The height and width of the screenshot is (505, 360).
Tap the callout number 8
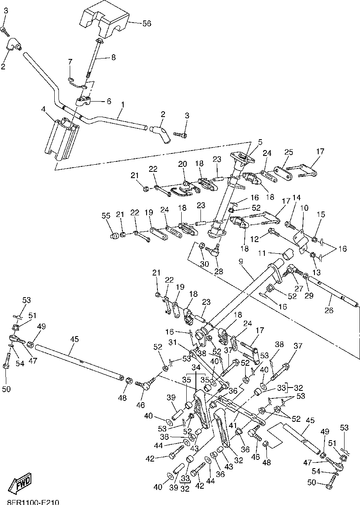pyautogui.click(x=113, y=58)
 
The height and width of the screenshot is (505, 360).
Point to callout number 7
pyautogui.click(x=71, y=62)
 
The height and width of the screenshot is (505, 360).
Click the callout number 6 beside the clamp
pyautogui.click(x=109, y=101)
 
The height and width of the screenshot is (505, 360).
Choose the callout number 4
pyautogui.click(x=43, y=110)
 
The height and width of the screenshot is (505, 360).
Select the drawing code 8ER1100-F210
pyautogui.click(x=33, y=502)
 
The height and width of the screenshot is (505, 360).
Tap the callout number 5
pyautogui.click(x=260, y=142)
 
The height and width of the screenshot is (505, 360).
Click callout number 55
pyautogui.click(x=106, y=216)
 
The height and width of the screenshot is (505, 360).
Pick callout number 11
pyautogui.click(x=261, y=253)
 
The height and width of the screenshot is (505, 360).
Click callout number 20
pyautogui.click(x=183, y=164)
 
